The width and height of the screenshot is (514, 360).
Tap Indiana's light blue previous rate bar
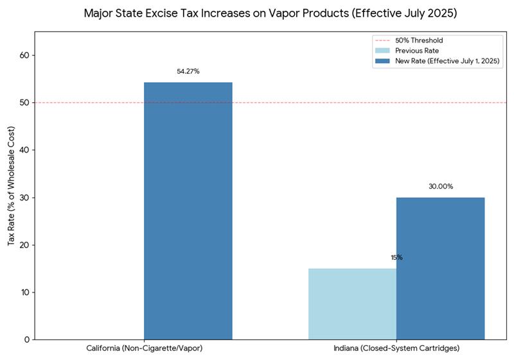tap(352, 303)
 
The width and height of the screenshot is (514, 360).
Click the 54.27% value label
tap(188, 71)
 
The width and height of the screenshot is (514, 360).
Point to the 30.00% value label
tap(441, 186)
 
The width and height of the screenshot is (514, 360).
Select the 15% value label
tap(396, 258)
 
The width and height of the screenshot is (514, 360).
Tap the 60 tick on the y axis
tap(24, 55)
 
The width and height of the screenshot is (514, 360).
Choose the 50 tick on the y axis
tap(24, 103)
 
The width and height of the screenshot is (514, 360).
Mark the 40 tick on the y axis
tap(24, 150)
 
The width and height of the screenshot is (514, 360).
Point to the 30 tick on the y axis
tap(24, 197)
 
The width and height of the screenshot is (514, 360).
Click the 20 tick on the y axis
tap(24, 245)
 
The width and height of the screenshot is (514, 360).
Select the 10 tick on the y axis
tap(24, 292)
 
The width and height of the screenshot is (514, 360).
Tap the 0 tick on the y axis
tap(26, 339)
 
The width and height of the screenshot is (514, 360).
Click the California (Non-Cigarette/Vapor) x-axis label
tap(144, 348)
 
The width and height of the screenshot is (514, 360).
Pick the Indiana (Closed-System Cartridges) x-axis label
tap(396, 348)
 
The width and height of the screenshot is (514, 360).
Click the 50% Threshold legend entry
tap(418, 40)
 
